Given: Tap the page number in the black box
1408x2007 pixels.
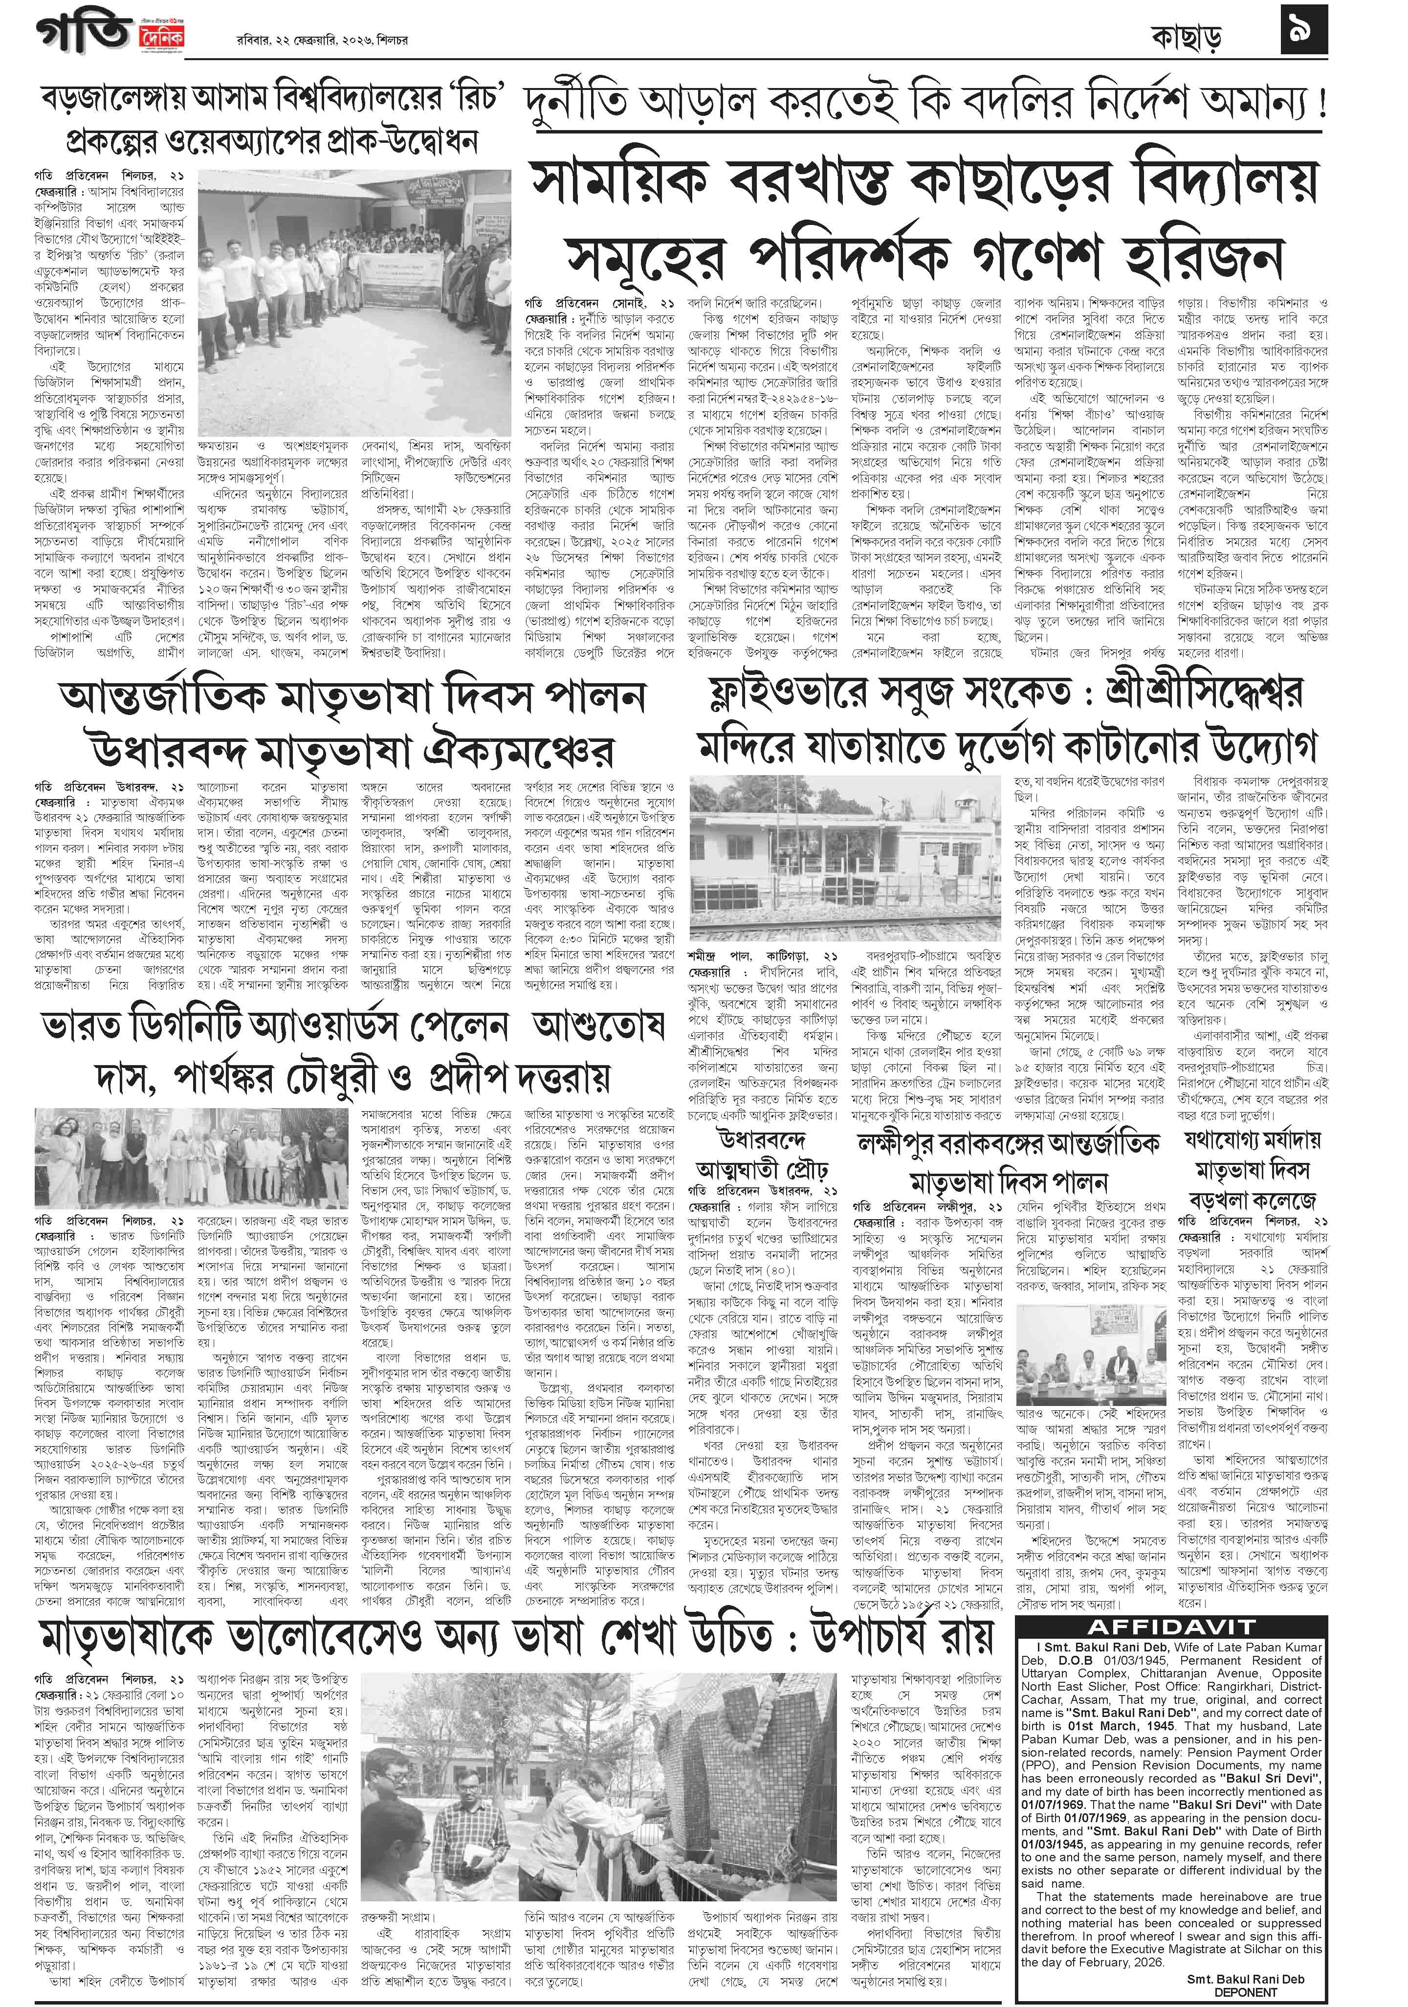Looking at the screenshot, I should pyautogui.click(x=1302, y=31).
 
